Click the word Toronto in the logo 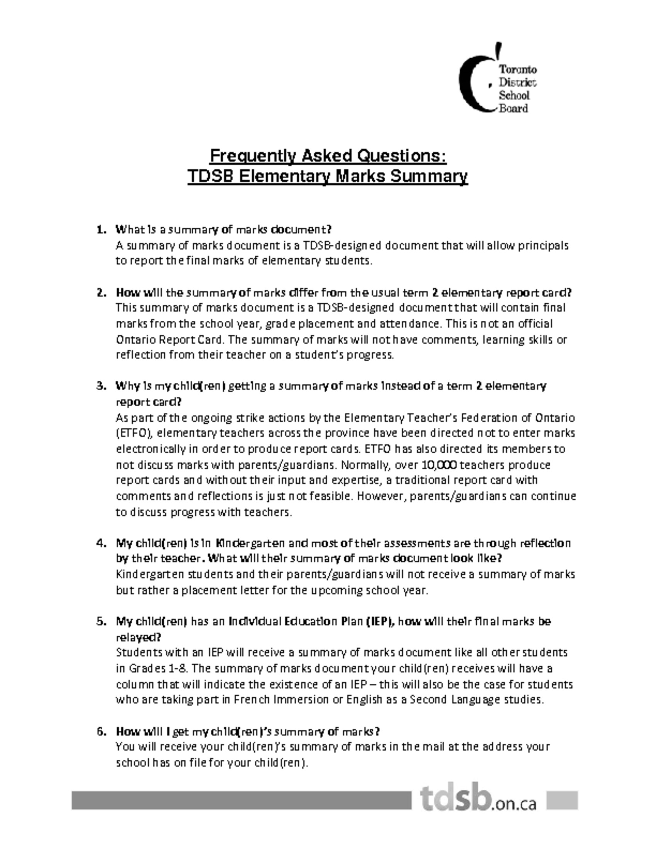coord(517,70)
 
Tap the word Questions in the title coord(401,156)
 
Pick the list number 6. coord(101,732)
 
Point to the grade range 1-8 coord(179,669)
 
